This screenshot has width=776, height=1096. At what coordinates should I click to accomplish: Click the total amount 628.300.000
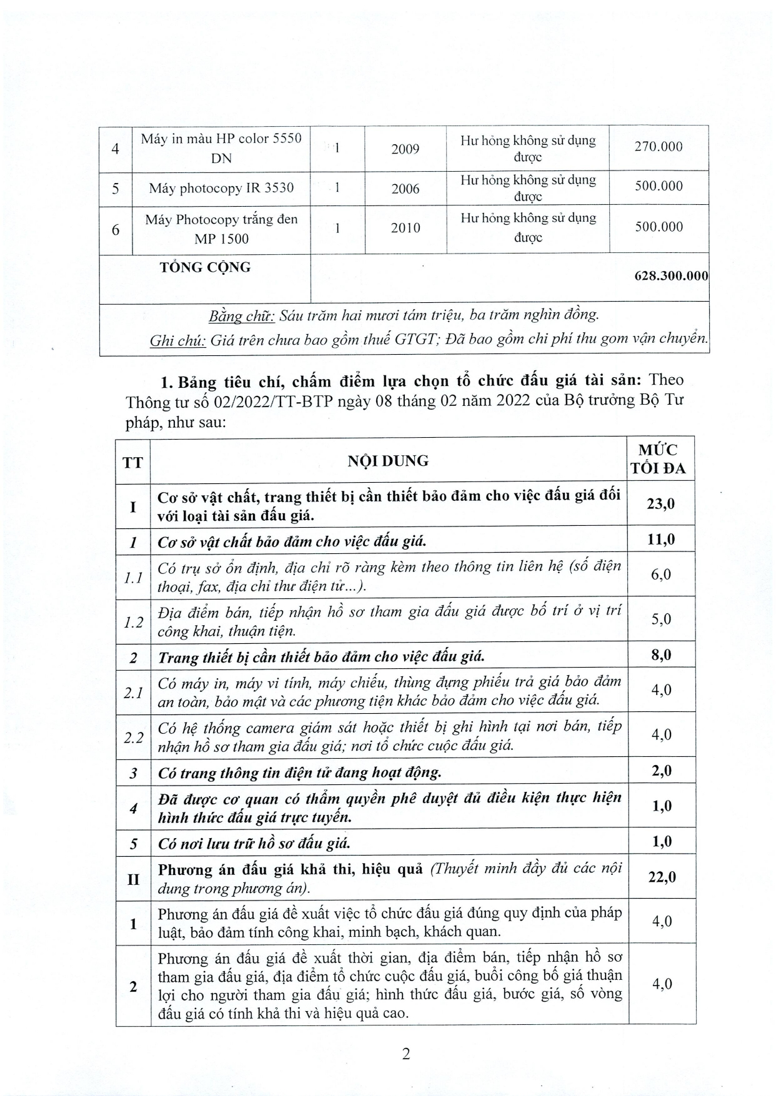(671, 276)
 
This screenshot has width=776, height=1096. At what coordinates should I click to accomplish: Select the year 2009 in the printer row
(405, 149)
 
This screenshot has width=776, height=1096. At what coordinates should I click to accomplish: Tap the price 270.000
(659, 147)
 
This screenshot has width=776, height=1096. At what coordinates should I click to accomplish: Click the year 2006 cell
(405, 189)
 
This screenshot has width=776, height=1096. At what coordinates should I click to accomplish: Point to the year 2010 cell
(405, 228)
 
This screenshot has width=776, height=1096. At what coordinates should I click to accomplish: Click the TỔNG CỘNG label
(205, 267)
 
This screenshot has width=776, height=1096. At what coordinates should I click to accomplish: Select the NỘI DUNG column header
(388, 461)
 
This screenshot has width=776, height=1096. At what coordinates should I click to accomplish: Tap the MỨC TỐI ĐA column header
(661, 460)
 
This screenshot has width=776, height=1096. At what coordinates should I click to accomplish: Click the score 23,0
(660, 504)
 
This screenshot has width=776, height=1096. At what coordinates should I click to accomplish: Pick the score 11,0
(660, 540)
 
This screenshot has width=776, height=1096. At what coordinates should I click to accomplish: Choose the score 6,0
(660, 575)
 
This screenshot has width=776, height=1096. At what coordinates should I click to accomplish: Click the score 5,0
(660, 619)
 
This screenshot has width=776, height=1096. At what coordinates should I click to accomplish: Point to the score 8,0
(660, 655)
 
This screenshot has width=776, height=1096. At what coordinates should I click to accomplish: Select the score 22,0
(662, 877)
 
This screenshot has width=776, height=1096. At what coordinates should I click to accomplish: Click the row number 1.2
(133, 621)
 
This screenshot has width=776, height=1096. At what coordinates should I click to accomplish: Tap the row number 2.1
(133, 692)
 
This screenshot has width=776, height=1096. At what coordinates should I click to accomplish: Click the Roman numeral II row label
(133, 879)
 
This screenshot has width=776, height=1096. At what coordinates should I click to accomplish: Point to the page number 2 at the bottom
(406, 1054)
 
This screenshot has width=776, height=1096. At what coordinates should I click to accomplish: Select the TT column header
(132, 462)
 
